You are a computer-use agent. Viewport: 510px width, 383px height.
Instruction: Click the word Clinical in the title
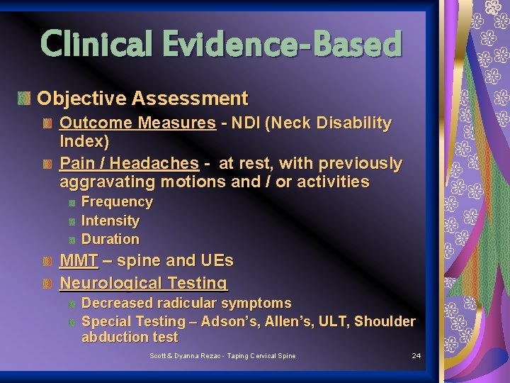coord(98,43)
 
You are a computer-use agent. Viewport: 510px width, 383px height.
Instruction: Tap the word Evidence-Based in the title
coord(281,43)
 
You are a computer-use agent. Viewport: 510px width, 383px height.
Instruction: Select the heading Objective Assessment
coord(142,99)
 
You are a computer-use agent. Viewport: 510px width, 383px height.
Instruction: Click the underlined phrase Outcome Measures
coord(137,123)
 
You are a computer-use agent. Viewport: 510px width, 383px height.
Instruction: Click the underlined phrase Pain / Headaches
coord(129,164)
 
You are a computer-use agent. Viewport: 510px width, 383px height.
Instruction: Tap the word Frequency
coord(117,202)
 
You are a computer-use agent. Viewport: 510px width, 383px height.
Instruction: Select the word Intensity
coord(110,221)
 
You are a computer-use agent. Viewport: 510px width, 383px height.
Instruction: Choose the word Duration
coord(110,239)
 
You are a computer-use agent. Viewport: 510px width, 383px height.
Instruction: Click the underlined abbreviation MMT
coord(79,261)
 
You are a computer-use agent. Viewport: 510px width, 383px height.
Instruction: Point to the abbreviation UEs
coord(215,261)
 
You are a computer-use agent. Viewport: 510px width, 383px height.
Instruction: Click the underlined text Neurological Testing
coord(143,283)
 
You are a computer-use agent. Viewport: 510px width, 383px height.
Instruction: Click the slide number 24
coord(416,355)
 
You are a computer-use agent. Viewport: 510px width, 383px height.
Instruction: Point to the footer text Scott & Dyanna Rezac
coord(188,355)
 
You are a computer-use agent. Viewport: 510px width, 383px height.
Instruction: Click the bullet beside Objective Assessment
coord(25,99)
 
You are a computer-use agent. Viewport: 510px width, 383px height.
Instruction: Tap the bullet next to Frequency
coord(72,203)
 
